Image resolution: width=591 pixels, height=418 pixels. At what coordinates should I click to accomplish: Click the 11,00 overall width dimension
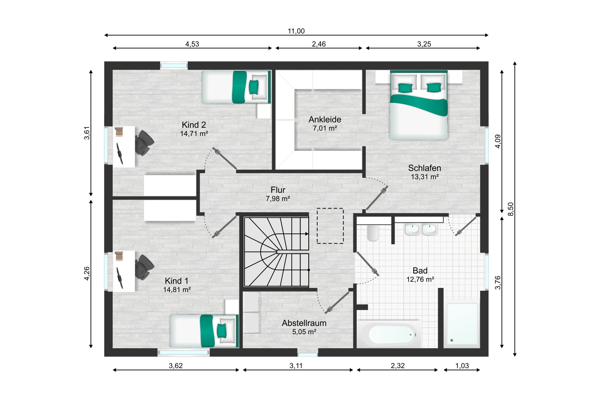coord(296,31)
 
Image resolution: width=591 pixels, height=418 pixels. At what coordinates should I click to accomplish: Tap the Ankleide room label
coord(325,120)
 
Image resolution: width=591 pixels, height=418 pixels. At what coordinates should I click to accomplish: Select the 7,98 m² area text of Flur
coord(278,198)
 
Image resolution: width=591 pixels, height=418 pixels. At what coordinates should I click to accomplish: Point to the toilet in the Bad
coord(373,233)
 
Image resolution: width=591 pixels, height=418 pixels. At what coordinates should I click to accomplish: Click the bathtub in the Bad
coord(389,334)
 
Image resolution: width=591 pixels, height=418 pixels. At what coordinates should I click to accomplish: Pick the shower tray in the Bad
coord(462,324)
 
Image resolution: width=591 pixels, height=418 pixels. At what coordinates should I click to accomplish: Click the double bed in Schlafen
coord(419,105)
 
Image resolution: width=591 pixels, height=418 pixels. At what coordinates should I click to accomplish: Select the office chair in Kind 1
coord(144,267)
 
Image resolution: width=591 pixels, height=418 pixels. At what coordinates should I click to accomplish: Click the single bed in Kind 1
coord(205,331)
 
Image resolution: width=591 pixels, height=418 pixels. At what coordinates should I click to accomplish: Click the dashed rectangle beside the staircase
coord(330,226)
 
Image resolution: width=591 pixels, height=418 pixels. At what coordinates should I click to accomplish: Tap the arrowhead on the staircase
coord(307,234)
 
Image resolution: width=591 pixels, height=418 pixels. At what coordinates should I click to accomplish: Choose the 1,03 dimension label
coord(462,366)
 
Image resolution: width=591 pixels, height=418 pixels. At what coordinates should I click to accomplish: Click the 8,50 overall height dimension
coord(510,209)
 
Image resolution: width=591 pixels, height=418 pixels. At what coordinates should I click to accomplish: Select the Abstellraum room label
coord(304,323)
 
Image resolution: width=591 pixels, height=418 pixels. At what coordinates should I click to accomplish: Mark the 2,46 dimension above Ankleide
coord(319,44)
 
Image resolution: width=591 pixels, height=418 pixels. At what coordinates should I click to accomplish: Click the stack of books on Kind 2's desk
coord(119,132)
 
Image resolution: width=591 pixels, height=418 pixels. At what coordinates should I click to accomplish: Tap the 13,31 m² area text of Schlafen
coord(425,177)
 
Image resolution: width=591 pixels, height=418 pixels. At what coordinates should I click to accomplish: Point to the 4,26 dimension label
coord(87,274)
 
